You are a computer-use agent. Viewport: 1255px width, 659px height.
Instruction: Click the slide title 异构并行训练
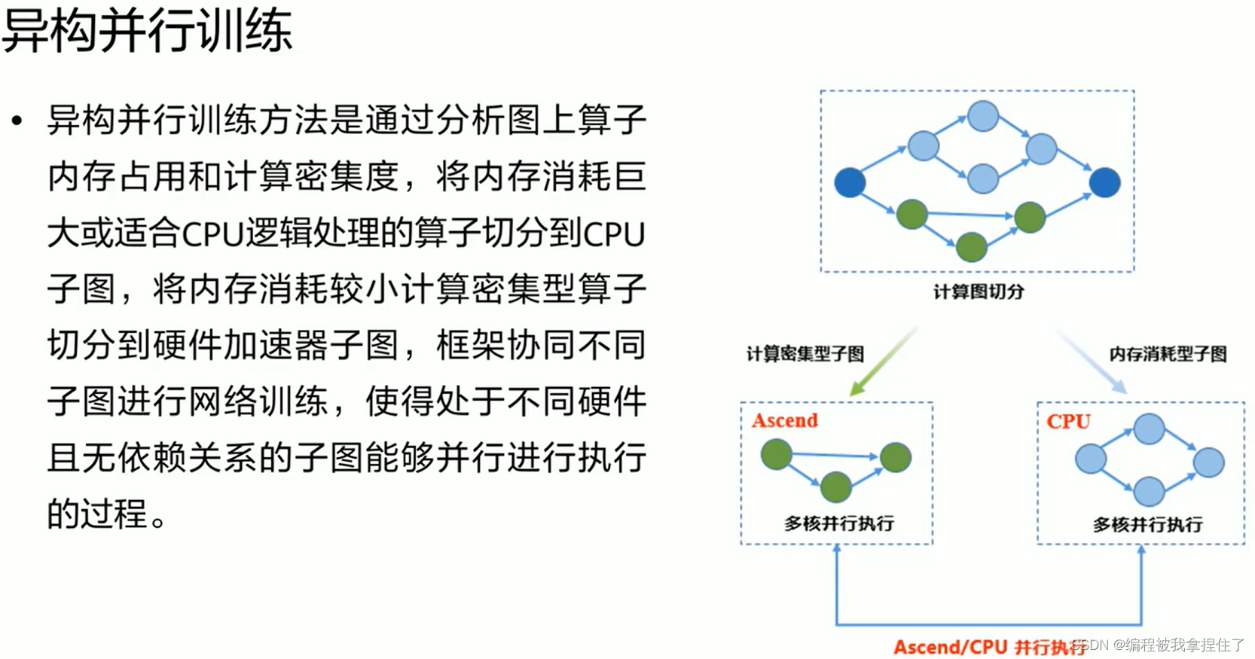pyautogui.click(x=147, y=32)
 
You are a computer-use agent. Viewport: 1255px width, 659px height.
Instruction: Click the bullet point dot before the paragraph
pyautogui.click(x=17, y=121)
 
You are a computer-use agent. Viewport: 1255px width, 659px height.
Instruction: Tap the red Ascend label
pyautogui.click(x=784, y=420)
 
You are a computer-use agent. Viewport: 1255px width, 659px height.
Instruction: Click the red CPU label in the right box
pyautogui.click(x=1068, y=421)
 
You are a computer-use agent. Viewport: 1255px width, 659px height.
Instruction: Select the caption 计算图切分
pyautogui.click(x=978, y=291)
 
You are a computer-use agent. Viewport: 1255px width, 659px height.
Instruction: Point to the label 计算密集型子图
pyautogui.click(x=805, y=353)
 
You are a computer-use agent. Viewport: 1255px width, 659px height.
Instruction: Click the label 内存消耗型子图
pyautogui.click(x=1168, y=353)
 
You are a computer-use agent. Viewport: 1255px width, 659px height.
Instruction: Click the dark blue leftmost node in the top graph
pyautogui.click(x=850, y=182)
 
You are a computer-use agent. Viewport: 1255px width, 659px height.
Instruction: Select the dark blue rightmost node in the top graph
pyautogui.click(x=1104, y=182)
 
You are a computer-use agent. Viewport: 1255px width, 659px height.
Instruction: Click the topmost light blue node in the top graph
pyautogui.click(x=983, y=117)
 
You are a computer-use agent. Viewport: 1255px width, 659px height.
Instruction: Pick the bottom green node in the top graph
pyautogui.click(x=971, y=246)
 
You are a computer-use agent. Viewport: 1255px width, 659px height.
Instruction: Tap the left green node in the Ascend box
pyautogui.click(x=776, y=454)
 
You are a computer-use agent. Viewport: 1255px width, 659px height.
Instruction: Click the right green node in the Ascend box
pyautogui.click(x=895, y=457)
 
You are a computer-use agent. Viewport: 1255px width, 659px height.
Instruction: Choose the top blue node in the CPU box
pyautogui.click(x=1149, y=429)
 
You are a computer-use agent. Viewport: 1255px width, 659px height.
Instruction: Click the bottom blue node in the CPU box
pyautogui.click(x=1149, y=491)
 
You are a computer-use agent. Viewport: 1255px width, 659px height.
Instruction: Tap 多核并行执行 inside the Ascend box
pyautogui.click(x=838, y=523)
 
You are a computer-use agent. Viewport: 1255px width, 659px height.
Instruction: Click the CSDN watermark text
pyautogui.click(x=1160, y=645)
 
